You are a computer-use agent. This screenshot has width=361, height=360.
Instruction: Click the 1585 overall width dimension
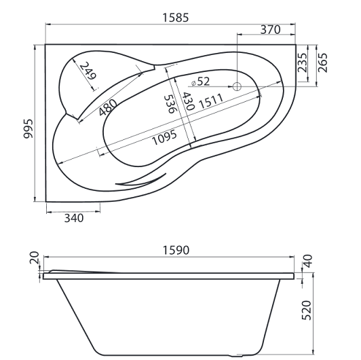176,18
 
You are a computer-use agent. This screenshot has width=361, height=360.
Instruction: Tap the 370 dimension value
270,29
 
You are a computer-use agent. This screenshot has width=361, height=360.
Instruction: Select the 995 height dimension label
28,128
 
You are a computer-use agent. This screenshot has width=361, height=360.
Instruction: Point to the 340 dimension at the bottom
74,218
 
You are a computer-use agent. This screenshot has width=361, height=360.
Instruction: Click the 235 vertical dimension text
303,62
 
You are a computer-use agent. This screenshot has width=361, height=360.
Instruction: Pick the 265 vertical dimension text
322,62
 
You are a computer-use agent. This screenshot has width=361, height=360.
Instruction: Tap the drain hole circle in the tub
237,87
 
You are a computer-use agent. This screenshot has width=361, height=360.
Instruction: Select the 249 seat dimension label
88,70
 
